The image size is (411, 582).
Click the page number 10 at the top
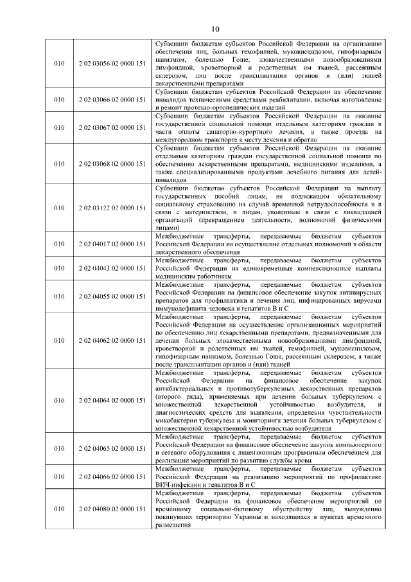coord(214,28)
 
